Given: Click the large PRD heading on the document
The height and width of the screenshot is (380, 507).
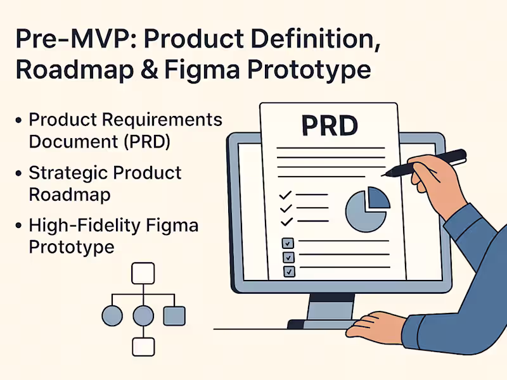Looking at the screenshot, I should [x=330, y=125].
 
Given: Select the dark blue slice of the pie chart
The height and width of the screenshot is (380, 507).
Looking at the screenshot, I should [x=378, y=198].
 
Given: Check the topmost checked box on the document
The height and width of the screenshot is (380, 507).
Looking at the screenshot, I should [x=288, y=243].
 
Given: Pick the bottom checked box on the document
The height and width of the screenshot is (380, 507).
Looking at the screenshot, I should [x=288, y=271].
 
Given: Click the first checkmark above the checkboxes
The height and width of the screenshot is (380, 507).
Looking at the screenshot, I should [x=286, y=194].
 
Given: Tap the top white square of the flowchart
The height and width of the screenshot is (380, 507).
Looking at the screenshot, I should [x=143, y=274].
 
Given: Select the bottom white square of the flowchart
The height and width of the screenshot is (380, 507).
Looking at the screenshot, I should [x=143, y=346].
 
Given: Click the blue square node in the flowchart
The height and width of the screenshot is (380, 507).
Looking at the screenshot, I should [x=174, y=315].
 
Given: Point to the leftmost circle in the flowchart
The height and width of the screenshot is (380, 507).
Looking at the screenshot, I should [x=112, y=315].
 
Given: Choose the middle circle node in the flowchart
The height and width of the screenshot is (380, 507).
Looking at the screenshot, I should [x=143, y=315].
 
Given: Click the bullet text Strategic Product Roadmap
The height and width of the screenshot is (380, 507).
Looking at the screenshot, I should [x=105, y=182].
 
